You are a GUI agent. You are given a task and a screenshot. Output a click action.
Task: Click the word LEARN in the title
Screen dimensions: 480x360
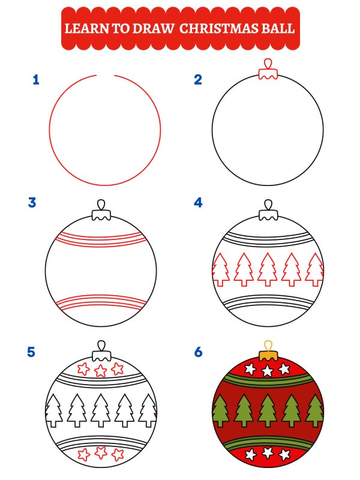(x=84, y=28)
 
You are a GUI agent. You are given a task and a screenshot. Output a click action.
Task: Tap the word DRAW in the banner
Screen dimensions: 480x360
(x=154, y=28)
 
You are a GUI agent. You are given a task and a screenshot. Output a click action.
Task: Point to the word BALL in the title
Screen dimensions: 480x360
(x=280, y=28)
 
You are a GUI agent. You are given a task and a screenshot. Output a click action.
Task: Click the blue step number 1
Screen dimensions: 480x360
(x=36, y=80)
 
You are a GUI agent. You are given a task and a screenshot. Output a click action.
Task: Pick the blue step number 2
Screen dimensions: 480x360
(x=198, y=80)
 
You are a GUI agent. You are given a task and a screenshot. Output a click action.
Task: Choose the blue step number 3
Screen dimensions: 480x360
(x=32, y=203)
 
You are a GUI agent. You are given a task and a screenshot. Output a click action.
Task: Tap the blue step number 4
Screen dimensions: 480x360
(x=198, y=203)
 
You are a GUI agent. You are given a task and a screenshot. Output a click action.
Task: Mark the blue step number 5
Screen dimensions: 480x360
(x=32, y=352)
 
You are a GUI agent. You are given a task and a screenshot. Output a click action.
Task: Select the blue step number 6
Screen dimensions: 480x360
(x=198, y=352)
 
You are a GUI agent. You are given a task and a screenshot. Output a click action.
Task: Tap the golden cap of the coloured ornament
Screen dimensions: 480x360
(x=267, y=352)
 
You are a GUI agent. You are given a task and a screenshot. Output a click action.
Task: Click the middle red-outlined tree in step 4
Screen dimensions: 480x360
(x=267, y=268)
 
